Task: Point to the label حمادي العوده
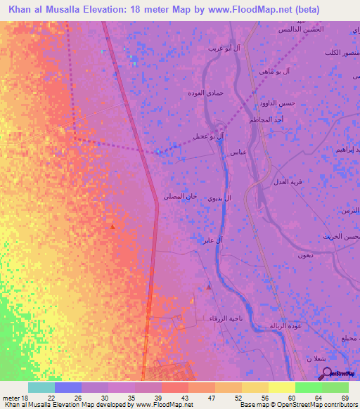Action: pyautogui.click(x=206, y=93)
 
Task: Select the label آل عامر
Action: pyautogui.click(x=213, y=241)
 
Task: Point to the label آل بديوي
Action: pyautogui.click(x=217, y=199)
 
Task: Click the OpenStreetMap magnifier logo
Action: pyautogui.click(x=326, y=373)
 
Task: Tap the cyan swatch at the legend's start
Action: pyautogui.click(x=41, y=387)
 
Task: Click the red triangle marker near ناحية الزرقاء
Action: pyautogui.click(x=209, y=286)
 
